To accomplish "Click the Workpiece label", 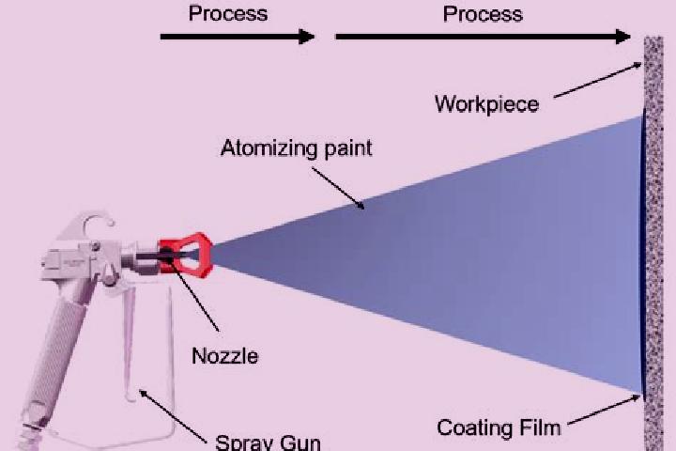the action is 486,104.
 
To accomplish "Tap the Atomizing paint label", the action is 296,148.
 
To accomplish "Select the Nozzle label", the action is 225,356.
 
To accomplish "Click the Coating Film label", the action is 499,428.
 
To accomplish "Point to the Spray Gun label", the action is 268,442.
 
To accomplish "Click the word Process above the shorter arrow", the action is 228,13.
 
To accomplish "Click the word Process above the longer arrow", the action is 483,14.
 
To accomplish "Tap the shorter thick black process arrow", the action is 238,37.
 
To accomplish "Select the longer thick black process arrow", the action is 483,37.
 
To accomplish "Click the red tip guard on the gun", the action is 186,255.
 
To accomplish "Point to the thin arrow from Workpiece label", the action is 598,80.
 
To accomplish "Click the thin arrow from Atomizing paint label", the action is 338,189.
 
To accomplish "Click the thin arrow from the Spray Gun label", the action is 173,416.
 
